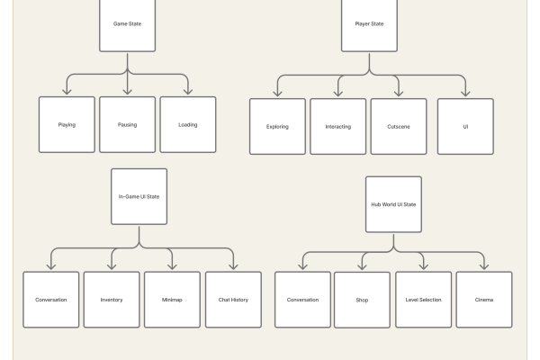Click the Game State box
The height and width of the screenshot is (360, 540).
(127, 24)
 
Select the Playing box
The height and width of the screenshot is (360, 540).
(67, 124)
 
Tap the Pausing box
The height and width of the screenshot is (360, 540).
(127, 124)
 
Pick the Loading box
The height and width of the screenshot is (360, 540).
(188, 124)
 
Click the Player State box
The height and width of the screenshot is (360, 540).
(369, 24)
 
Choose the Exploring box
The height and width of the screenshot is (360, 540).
(277, 126)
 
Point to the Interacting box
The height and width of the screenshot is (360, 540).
(338, 126)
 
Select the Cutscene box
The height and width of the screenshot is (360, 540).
(399, 126)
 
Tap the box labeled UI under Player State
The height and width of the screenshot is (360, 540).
(465, 126)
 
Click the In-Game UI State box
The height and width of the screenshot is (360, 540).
(139, 196)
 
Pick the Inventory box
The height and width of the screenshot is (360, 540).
(112, 300)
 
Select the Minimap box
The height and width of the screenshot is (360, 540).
(172, 300)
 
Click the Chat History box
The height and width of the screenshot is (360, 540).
(233, 300)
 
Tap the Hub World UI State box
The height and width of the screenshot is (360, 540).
(393, 204)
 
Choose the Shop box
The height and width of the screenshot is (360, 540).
(362, 300)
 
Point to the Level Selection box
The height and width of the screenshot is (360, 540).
(423, 300)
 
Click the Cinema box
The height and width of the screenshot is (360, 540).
(484, 300)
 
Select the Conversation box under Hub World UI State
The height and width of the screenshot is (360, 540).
(302, 300)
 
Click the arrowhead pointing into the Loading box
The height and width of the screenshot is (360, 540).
(188, 91)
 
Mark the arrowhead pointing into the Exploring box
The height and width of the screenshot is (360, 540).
(277, 93)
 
